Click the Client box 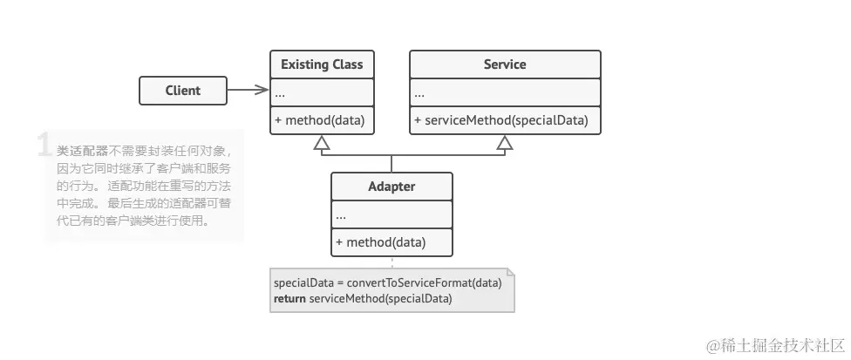pyautogui.click(x=183, y=90)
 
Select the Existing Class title pyautogui.click(x=322, y=65)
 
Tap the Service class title pyautogui.click(x=505, y=65)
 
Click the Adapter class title pyautogui.click(x=391, y=187)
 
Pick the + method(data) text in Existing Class pyautogui.click(x=319, y=120)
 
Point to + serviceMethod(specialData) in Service pyautogui.click(x=501, y=120)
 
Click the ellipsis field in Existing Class pyautogui.click(x=280, y=93)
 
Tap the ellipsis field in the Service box pyautogui.click(x=419, y=93)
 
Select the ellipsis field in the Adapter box pyautogui.click(x=341, y=214)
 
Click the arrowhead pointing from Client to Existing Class pyautogui.click(x=263, y=89)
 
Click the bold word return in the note pyautogui.click(x=289, y=298)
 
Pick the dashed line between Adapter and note pyautogui.click(x=391, y=262)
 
